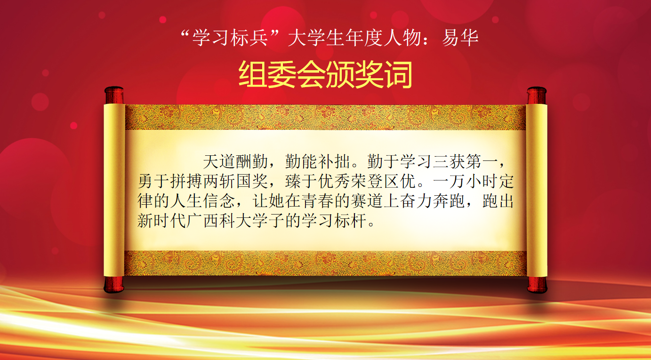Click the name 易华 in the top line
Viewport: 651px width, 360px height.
[460, 38]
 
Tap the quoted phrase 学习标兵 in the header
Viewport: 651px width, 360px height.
[230, 38]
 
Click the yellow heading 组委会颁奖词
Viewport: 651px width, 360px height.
[325, 74]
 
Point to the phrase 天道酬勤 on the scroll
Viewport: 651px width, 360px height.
[235, 161]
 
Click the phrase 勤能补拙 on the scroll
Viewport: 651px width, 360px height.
[317, 161]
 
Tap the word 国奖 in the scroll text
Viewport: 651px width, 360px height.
[252, 181]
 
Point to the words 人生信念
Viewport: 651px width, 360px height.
[202, 201]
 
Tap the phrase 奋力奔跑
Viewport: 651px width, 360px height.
[433, 201]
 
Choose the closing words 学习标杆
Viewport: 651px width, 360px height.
[334, 221]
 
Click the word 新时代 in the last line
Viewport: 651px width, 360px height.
[161, 221]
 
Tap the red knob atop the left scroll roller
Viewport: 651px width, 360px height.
[114, 95]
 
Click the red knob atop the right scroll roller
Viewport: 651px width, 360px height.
[537, 96]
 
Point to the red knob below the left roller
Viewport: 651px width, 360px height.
[114, 284]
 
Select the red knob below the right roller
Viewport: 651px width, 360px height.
[537, 285]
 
